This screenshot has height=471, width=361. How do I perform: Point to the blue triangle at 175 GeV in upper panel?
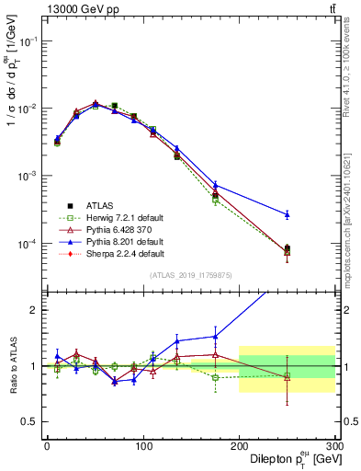[215, 185]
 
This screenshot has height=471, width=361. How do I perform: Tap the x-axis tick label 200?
[239, 445]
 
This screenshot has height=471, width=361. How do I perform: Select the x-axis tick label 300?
[334, 445]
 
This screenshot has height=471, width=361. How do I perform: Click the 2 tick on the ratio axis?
[36, 310]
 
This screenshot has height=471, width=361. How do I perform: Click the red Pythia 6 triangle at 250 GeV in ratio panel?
[288, 377]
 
